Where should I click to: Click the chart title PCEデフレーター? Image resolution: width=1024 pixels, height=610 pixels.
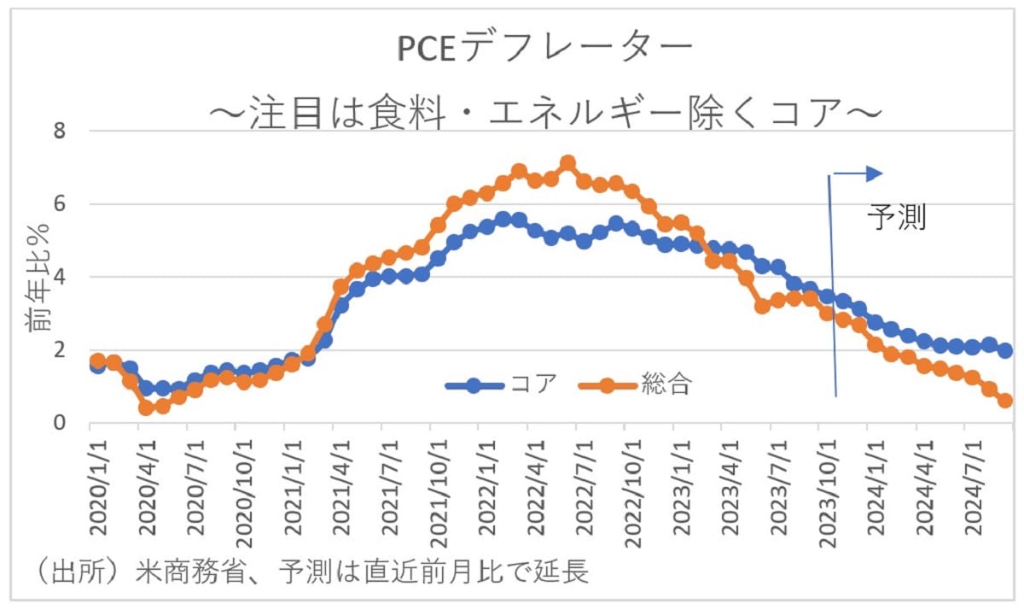pyautogui.click(x=544, y=50)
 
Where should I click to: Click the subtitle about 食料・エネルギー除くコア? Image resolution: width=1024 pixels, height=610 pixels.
pyautogui.click(x=544, y=112)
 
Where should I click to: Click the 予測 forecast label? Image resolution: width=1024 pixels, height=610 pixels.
pyautogui.click(x=896, y=217)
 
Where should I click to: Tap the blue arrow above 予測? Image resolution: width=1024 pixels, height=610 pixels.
pyautogui.click(x=858, y=174)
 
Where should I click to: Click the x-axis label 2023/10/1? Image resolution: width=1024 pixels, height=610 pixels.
pyautogui.click(x=827, y=487)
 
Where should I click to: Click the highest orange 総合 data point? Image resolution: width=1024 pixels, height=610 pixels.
pyautogui.click(x=568, y=163)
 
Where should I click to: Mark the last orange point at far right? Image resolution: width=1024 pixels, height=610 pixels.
pyautogui.click(x=1005, y=401)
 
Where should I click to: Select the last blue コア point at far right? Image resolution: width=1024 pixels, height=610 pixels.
pyautogui.click(x=1005, y=350)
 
